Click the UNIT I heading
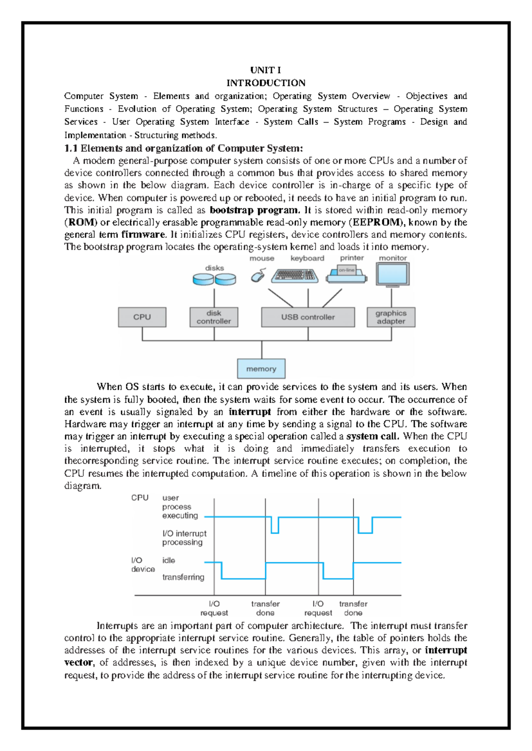click(x=265, y=70)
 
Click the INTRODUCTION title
click(x=266, y=83)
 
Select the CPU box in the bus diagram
click(x=142, y=317)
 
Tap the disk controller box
click(x=214, y=317)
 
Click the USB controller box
click(x=308, y=317)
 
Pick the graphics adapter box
click(x=391, y=317)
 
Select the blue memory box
click(x=261, y=368)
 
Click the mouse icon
click(x=258, y=276)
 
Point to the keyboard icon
click(x=295, y=275)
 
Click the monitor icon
click(x=392, y=274)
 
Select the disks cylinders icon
click(x=214, y=279)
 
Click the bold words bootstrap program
click(x=254, y=210)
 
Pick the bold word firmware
click(x=143, y=234)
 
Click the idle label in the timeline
click(x=168, y=560)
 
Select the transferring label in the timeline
click(x=183, y=577)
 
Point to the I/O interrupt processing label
click(x=184, y=538)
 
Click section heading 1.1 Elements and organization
click(x=184, y=148)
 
